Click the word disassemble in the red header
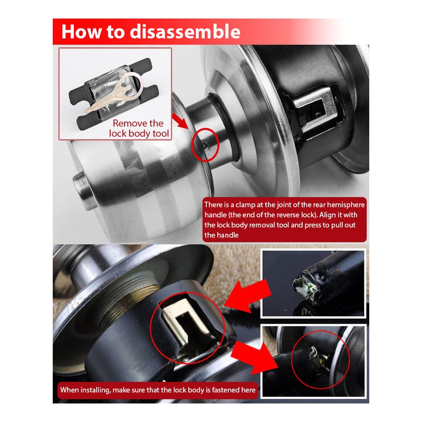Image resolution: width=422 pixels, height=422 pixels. [x=185, y=32]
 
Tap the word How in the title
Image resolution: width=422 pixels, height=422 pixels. [x=82, y=32]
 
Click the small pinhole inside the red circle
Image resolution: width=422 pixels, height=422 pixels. [x=205, y=146]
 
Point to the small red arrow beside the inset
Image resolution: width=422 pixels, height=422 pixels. [x=180, y=121]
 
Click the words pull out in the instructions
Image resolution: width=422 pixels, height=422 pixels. [x=343, y=225]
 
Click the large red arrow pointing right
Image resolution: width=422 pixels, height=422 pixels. [x=254, y=358]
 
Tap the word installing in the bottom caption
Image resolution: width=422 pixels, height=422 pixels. [x=95, y=390]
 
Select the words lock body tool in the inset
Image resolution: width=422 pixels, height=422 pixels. [x=139, y=133]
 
